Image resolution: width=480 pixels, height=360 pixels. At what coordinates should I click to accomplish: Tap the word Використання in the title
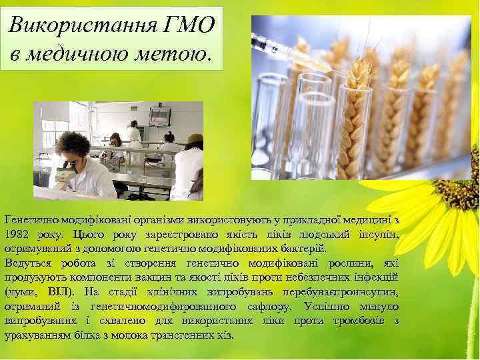click(x=83, y=25)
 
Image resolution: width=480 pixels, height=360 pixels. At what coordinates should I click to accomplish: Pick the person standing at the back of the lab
click(x=134, y=131)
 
